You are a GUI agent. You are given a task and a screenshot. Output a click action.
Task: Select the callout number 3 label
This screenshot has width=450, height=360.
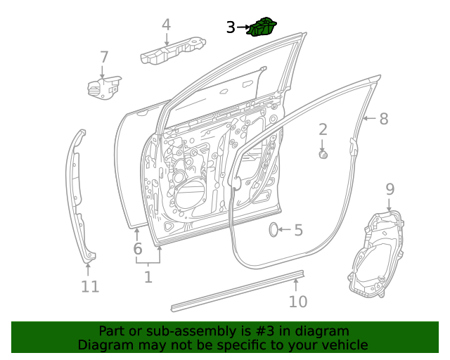tap(231, 27)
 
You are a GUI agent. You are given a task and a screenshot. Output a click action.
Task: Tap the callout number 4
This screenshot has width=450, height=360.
tap(166, 25)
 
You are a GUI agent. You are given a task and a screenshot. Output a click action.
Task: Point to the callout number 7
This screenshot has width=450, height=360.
tap(103, 57)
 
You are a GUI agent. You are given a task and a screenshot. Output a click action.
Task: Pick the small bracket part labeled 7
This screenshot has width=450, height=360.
tap(103, 87)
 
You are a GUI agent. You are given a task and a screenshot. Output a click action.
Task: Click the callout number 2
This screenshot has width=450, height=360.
tap(323, 129)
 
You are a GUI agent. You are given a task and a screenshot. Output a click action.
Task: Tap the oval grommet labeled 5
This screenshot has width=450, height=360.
tap(274, 230)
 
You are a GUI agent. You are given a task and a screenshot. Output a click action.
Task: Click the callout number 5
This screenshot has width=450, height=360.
tap(298, 230)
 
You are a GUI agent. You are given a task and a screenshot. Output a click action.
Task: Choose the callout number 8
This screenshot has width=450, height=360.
tap(383, 119)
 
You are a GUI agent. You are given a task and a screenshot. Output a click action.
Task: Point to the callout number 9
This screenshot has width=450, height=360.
tap(390, 188)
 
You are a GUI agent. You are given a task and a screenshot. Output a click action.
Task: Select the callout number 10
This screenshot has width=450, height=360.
tap(298, 302)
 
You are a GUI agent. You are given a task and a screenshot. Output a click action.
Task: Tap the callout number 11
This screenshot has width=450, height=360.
tap(89, 287)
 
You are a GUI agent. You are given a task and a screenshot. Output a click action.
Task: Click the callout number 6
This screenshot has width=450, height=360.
tap(138, 248)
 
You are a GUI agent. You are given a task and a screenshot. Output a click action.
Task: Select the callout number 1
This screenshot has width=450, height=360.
tap(148, 277)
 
